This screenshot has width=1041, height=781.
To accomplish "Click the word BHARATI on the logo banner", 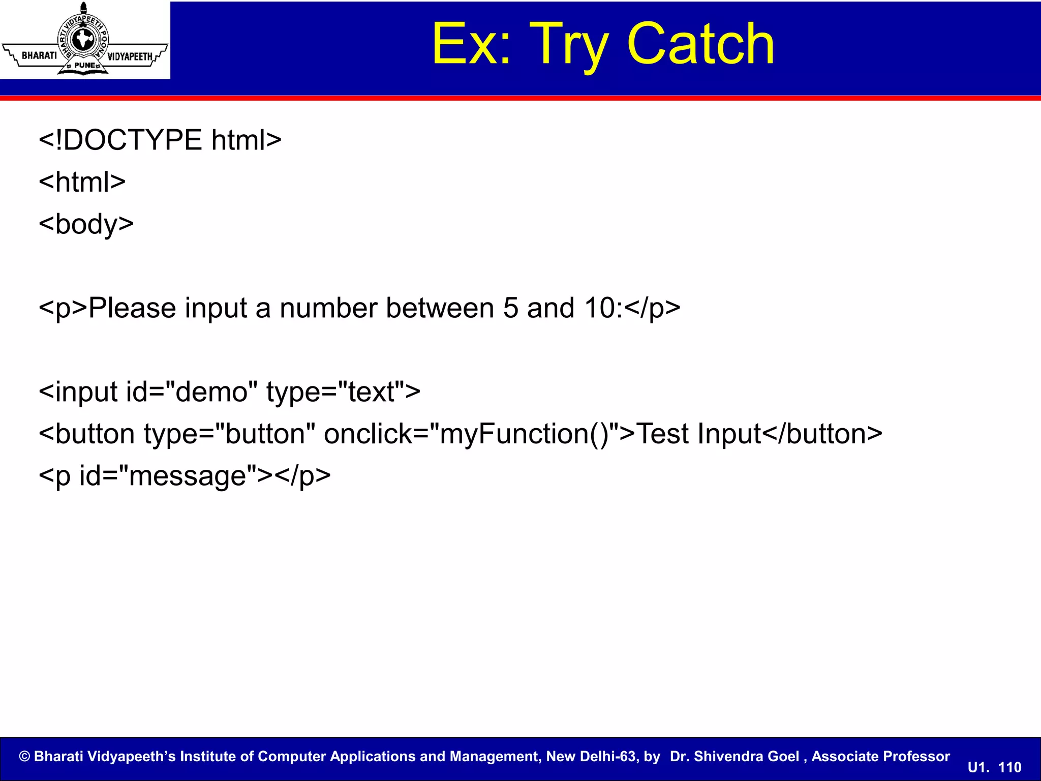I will [39, 55].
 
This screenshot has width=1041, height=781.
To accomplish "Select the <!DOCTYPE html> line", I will [160, 140].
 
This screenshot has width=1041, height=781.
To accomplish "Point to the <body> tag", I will [86, 224].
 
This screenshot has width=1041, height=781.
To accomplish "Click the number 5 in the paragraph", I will [510, 308].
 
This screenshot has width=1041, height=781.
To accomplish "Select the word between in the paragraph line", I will [439, 308].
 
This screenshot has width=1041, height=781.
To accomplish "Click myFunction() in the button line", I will [524, 434].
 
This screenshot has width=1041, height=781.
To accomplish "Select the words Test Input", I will [698, 434].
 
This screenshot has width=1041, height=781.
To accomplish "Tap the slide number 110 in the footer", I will [1009, 767].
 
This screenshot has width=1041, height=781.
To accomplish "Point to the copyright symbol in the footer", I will [24, 757].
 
